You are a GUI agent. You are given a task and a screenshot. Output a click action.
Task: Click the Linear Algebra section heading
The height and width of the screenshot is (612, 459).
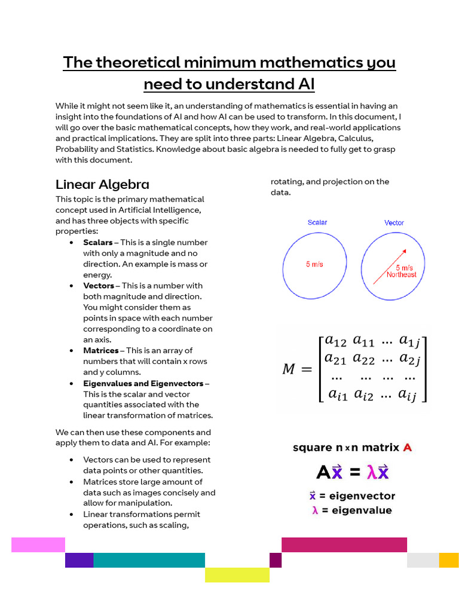pyautogui.click(x=102, y=184)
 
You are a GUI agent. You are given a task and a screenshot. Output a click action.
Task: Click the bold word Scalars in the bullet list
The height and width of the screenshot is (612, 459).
pyautogui.click(x=98, y=243)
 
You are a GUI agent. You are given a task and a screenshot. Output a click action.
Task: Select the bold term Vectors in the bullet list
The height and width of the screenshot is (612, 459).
pyautogui.click(x=99, y=286)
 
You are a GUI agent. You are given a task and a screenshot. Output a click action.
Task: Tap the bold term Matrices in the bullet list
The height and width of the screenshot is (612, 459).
pyautogui.click(x=101, y=351)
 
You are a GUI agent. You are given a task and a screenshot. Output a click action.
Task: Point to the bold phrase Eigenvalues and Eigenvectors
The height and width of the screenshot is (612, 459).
pyautogui.click(x=143, y=384)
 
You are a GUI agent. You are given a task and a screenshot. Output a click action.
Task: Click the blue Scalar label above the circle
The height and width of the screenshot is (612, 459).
pyautogui.click(x=317, y=223)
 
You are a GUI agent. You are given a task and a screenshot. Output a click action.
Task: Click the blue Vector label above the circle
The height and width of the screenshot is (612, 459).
pyautogui.click(x=394, y=223)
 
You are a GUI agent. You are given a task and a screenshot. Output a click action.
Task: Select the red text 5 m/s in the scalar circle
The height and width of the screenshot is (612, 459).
pyautogui.click(x=314, y=264)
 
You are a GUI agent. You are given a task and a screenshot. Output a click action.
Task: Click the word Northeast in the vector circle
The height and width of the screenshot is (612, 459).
pyautogui.click(x=401, y=275)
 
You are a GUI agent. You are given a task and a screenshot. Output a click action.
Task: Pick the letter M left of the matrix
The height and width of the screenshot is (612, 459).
pyautogui.click(x=289, y=369)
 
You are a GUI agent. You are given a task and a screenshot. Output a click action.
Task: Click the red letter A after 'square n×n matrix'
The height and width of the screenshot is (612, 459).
pyautogui.click(x=408, y=448)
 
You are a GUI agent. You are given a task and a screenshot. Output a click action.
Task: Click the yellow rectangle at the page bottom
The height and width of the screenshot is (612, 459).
pyautogui.click(x=237, y=575)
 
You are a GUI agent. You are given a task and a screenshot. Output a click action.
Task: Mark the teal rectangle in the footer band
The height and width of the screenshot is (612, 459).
pyautogui.click(x=149, y=560)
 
